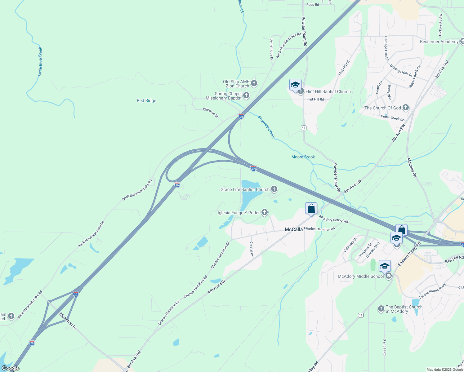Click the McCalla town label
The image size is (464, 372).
[x=293, y=230]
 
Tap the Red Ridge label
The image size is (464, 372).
[x=146, y=100]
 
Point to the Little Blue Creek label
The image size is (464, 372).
[x=40, y=61]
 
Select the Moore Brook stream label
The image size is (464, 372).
[x=303, y=157]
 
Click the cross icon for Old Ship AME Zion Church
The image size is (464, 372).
[x=254, y=83]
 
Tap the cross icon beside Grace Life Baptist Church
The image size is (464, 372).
[x=274, y=189]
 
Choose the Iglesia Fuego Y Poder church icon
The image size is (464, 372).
[x=264, y=212]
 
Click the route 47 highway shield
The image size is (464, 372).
[x=304, y=128]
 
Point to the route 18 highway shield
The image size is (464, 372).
[x=360, y=315]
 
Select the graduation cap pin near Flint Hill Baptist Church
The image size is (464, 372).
[x=295, y=85]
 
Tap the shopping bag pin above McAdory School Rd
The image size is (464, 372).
[x=311, y=208]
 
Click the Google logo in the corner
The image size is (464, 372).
[x=10, y=368]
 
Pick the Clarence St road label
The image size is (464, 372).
[x=211, y=113]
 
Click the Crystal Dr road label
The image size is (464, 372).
[x=252, y=249]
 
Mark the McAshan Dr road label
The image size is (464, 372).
[x=68, y=321]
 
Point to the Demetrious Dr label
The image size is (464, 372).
[x=272, y=49]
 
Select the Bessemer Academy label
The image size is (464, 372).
[x=439, y=42]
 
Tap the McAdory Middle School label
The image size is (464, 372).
[x=360, y=276]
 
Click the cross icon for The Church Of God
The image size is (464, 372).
[x=405, y=108]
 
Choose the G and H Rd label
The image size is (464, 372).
[x=385, y=347]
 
